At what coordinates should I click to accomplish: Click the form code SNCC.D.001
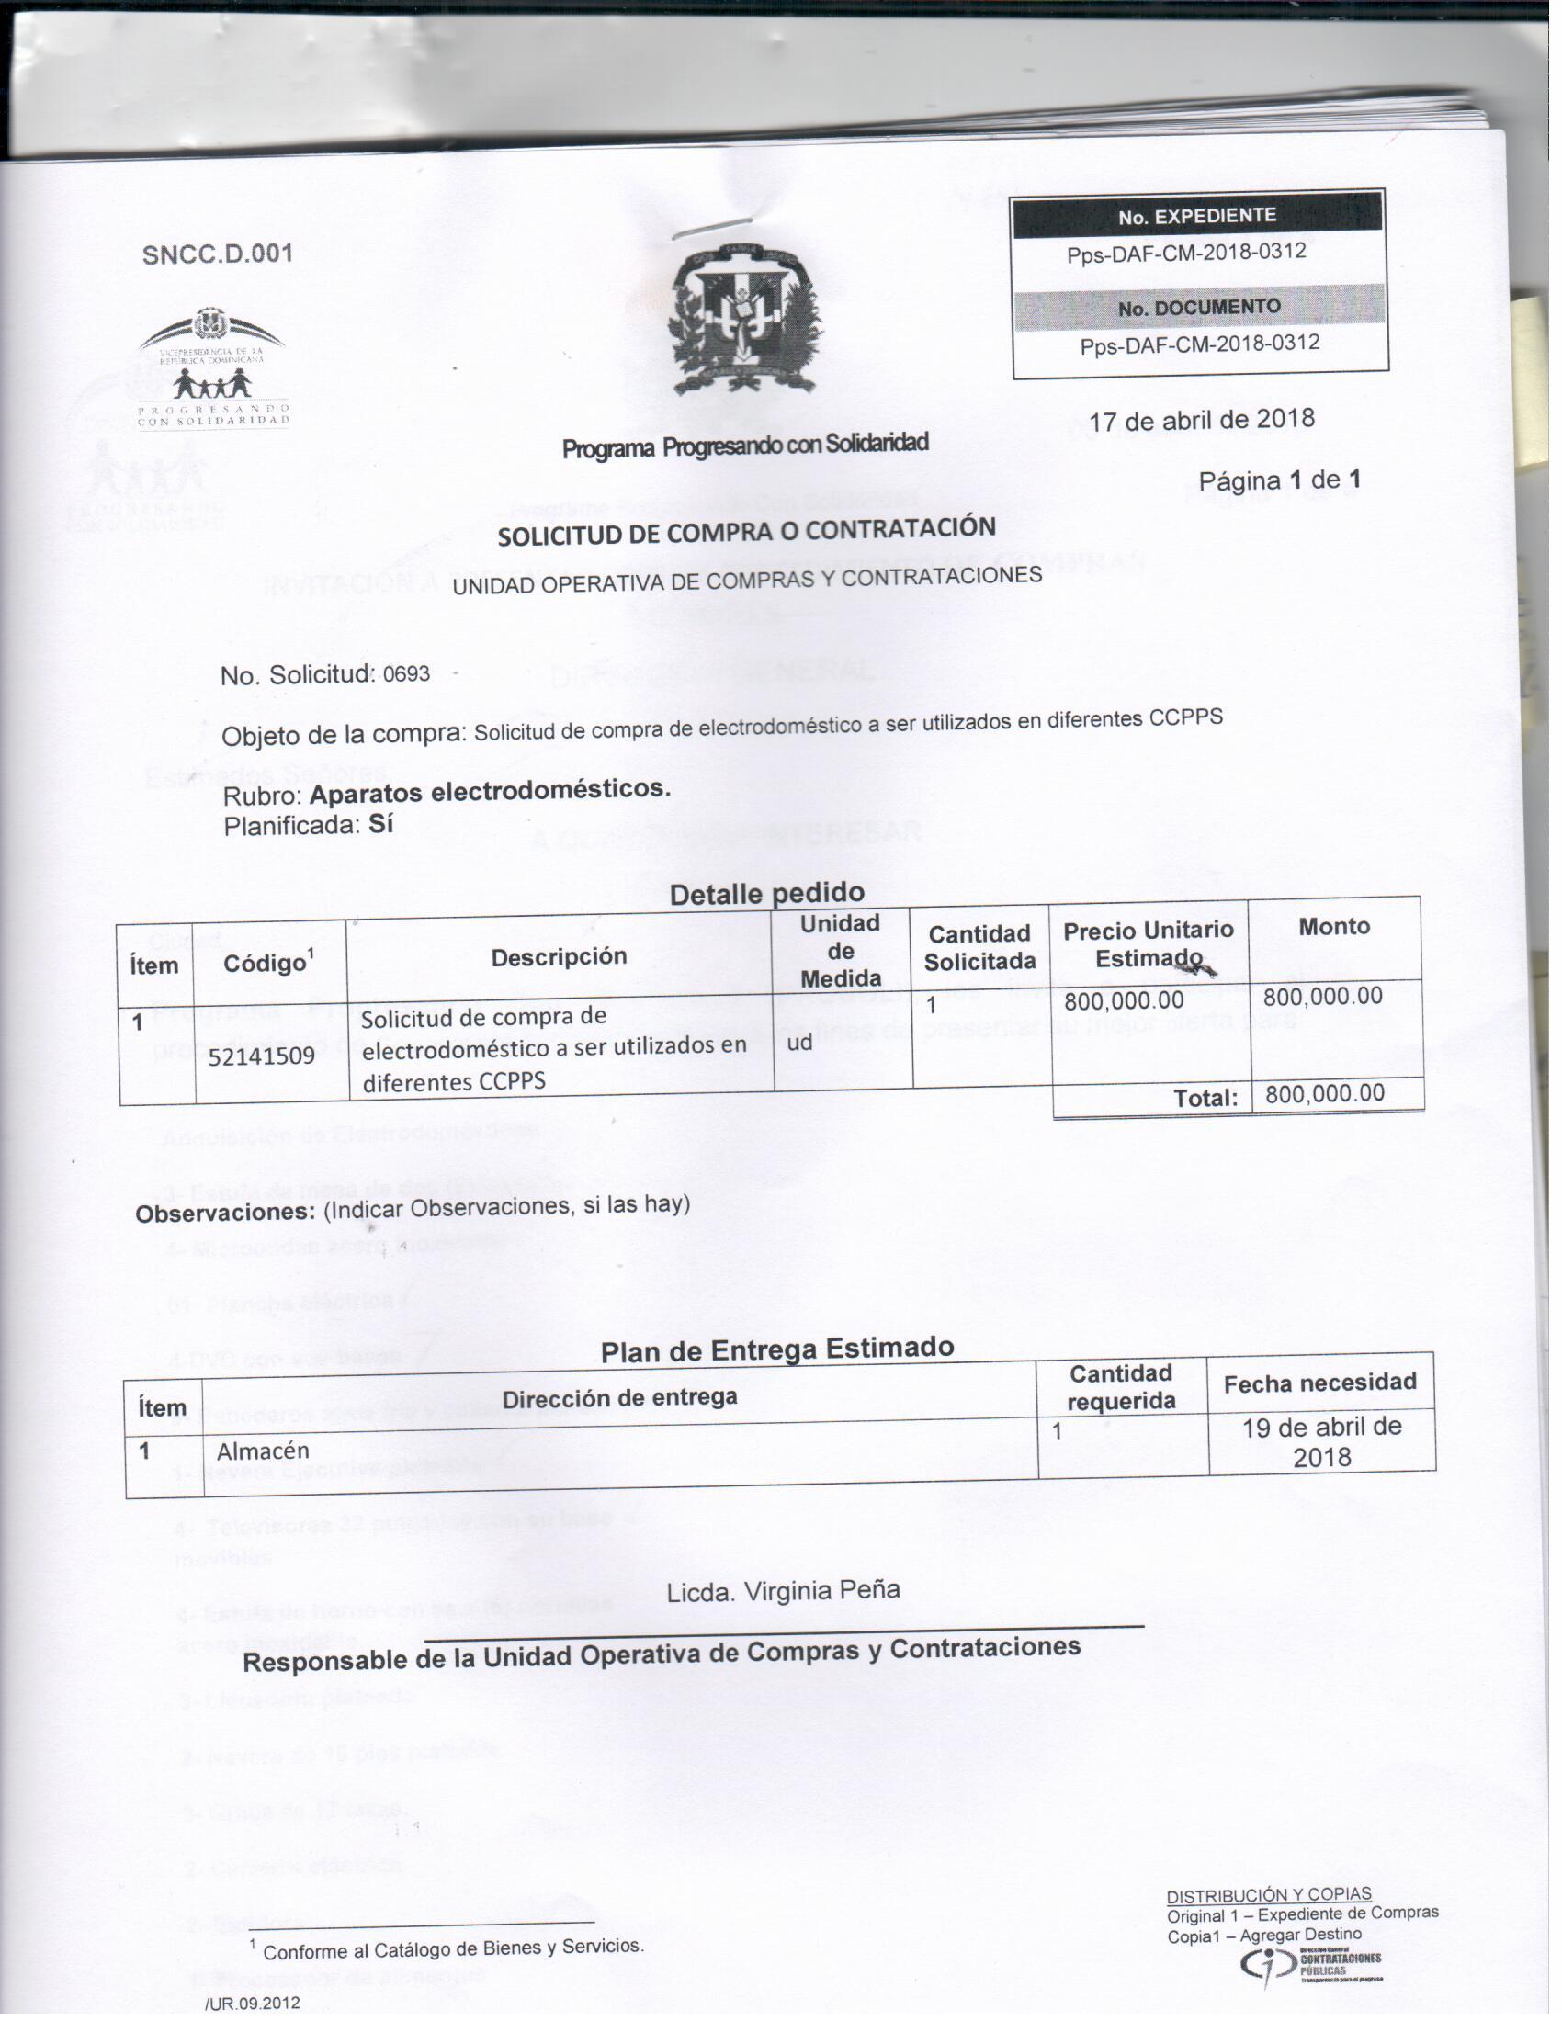(218, 254)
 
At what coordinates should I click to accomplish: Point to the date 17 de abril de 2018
(1201, 420)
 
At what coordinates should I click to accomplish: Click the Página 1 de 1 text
(1279, 480)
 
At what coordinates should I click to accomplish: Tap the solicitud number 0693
(406, 673)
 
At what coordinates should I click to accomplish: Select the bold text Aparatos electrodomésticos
(490, 791)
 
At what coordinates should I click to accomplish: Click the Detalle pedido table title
(767, 893)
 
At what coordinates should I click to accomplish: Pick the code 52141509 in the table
(261, 1056)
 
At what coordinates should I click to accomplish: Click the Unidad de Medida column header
(840, 951)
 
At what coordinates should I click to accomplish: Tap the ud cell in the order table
(799, 1042)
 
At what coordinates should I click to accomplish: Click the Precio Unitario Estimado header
(1149, 943)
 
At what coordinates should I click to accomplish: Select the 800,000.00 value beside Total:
(1324, 1094)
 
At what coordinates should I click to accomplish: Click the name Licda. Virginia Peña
(783, 1591)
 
